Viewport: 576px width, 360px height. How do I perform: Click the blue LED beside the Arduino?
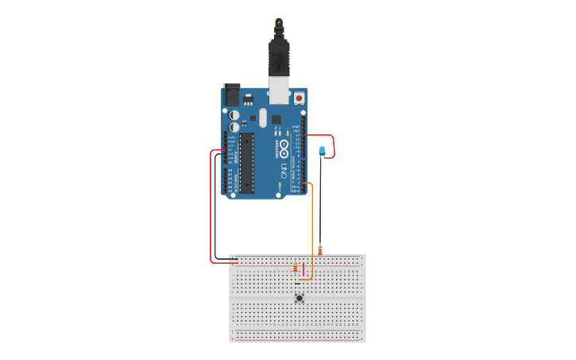[x=322, y=150]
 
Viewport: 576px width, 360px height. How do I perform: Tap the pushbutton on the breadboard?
[x=300, y=298]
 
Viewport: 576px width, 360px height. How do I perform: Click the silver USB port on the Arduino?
[x=279, y=89]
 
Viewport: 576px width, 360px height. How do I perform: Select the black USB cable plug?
[x=279, y=56]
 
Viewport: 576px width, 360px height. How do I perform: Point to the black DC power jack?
[x=231, y=95]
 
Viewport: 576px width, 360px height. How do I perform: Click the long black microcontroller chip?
[x=247, y=163]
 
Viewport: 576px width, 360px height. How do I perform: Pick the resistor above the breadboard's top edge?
[x=320, y=249]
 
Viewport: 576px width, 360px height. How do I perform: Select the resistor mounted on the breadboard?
[x=296, y=268]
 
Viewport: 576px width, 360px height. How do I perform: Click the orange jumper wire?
[x=312, y=230]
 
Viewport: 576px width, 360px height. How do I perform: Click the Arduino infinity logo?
[x=284, y=148]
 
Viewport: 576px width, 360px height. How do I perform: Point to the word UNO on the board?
[x=284, y=170]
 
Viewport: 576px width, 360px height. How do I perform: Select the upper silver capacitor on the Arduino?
[x=234, y=114]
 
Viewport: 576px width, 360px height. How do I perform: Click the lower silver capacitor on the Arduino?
[x=234, y=127]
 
